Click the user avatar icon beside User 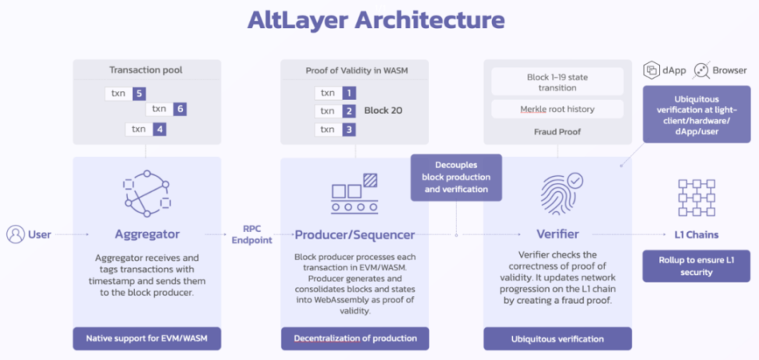point(16,234)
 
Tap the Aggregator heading point(147,235)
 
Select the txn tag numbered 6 point(166,109)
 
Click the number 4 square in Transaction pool point(160,129)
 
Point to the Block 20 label point(383,111)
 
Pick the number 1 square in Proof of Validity point(349,93)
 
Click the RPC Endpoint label point(251,235)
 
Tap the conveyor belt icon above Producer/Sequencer point(355,194)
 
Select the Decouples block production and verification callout point(456,177)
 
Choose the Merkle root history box point(558,109)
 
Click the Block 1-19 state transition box point(558,82)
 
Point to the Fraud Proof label point(558,132)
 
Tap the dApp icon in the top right point(651,70)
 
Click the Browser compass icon point(701,70)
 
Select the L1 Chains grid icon point(697,198)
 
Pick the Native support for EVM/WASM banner point(147,338)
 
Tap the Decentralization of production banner point(355,338)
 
